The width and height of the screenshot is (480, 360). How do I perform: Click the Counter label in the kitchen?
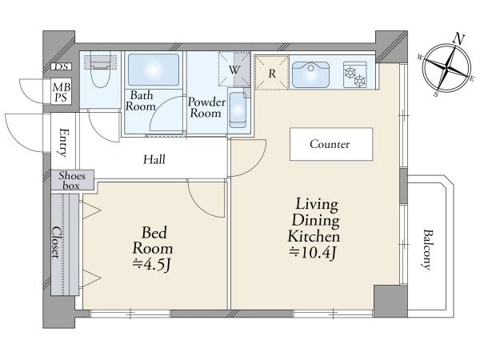pos(330,144)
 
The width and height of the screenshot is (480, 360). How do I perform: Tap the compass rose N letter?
pos(458,39)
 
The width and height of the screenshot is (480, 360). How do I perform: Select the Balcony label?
pos(428,250)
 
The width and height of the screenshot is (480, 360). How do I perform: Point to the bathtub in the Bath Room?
pos(154,70)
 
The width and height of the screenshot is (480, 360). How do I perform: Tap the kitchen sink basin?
pos(310,75)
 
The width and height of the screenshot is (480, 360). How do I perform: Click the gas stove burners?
pos(354,76)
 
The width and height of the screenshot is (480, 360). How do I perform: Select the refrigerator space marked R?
pos(272,73)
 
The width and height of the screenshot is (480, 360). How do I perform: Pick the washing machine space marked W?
pos(234,70)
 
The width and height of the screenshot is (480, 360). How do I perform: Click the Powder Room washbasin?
pos(238,110)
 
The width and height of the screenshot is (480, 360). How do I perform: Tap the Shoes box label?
pos(72,180)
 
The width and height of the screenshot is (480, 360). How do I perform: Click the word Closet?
pos(55,242)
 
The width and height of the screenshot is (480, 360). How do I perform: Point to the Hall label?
pos(154,159)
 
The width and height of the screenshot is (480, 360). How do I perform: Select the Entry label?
pos(63,142)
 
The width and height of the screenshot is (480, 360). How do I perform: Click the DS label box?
pos(62,66)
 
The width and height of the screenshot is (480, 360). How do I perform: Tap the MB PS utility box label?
pos(62,93)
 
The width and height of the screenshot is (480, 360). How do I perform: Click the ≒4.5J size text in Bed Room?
pos(152,265)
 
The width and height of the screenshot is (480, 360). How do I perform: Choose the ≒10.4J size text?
pos(314,253)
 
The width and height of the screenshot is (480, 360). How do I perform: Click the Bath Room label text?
pos(141,101)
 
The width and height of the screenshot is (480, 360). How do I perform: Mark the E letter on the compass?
pos(472,79)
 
